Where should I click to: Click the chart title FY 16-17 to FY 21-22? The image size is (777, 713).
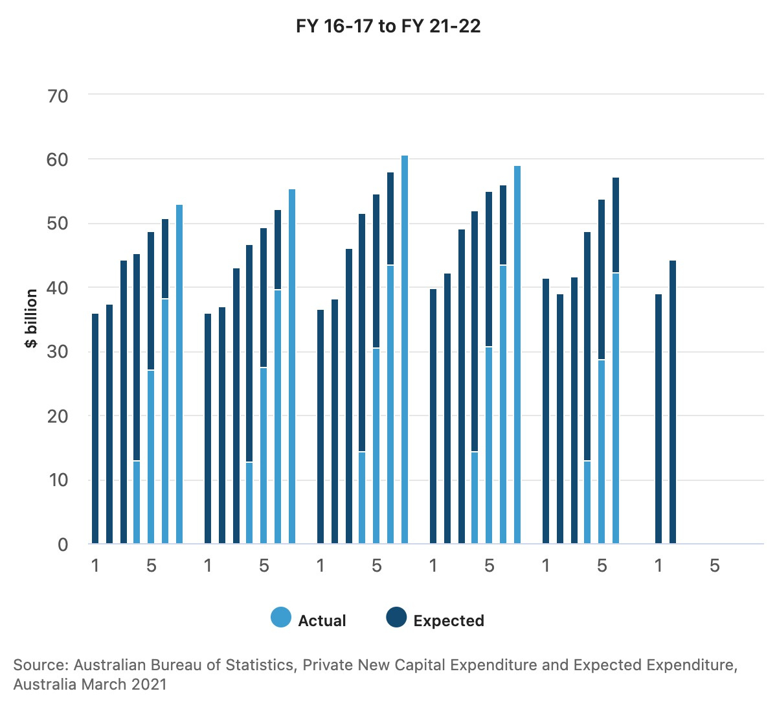click(388, 27)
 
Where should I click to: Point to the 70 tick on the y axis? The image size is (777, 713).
click(58, 96)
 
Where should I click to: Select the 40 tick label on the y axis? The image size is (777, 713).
click(58, 288)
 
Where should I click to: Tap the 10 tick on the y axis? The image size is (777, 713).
click(58, 480)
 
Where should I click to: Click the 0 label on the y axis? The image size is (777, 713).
click(63, 544)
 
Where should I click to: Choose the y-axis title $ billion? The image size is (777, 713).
click(31, 319)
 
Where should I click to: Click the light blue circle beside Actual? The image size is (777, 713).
click(281, 618)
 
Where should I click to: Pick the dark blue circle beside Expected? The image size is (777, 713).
click(396, 618)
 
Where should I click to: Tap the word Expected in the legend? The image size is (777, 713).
click(449, 620)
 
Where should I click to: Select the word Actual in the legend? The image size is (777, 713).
click(322, 620)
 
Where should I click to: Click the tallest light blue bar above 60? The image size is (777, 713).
click(405, 350)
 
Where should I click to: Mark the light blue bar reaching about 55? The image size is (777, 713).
click(292, 366)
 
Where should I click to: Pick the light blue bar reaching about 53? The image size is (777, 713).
click(179, 374)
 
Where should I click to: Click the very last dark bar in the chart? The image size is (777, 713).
click(673, 402)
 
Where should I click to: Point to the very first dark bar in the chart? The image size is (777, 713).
click(95, 428)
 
